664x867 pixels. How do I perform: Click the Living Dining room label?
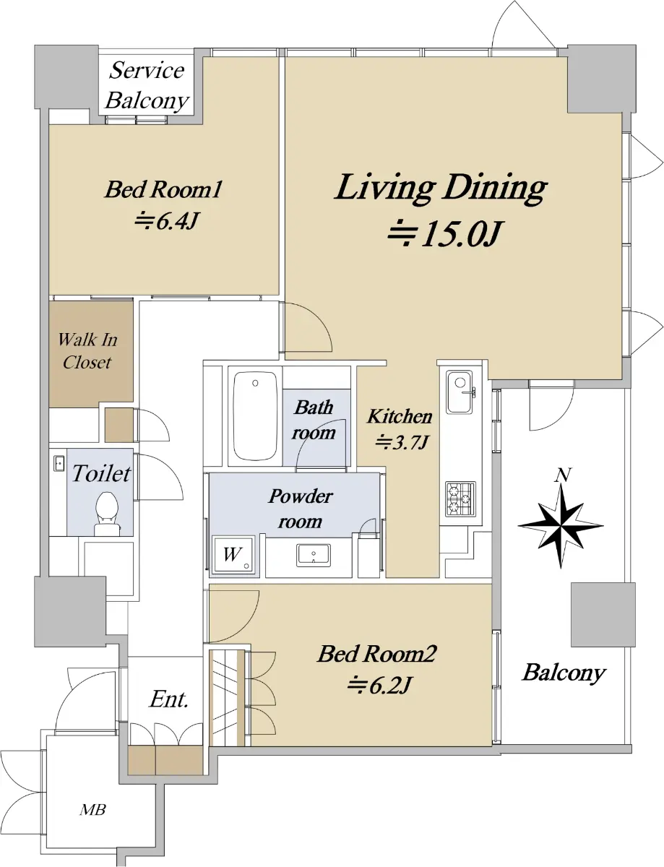441,189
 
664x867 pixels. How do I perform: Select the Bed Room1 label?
163,189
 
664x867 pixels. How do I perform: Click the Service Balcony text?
147,85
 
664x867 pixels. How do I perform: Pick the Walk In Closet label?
87,351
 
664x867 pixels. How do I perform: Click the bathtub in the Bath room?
255,415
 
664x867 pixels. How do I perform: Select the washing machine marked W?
233,555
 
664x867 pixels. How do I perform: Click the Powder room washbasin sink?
314,555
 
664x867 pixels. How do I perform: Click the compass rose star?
561,526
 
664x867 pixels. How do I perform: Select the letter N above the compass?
563,475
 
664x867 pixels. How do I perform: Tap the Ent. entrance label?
168,699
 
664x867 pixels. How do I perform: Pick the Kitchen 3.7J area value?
402,442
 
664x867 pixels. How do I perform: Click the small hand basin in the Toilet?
59,464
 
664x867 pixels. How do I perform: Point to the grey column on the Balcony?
603,614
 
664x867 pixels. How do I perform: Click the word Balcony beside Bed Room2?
564,673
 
